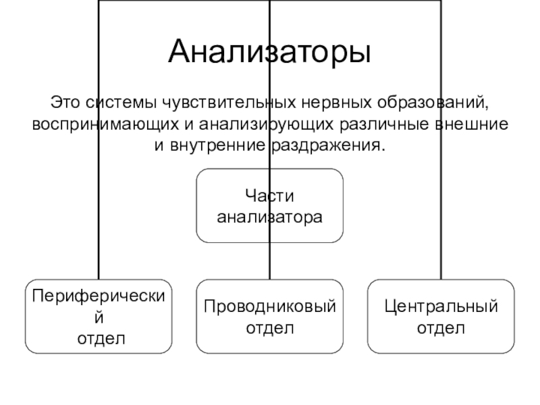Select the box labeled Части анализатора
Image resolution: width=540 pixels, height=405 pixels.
point(270,206)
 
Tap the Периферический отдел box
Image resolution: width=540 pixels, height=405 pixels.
point(99,316)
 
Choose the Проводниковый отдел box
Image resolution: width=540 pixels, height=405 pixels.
point(270,316)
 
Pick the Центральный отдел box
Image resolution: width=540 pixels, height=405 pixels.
point(441,316)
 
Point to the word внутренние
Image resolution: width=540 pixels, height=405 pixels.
point(217,146)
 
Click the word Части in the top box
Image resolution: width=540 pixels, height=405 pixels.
point(270,196)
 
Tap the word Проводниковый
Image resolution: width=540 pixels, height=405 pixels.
point(270,307)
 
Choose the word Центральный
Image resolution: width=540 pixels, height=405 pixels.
point(441,307)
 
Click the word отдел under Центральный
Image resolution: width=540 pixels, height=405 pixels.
point(441,328)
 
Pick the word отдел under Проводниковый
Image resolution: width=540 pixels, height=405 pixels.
point(270,328)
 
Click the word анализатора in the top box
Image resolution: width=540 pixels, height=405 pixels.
point(270,217)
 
